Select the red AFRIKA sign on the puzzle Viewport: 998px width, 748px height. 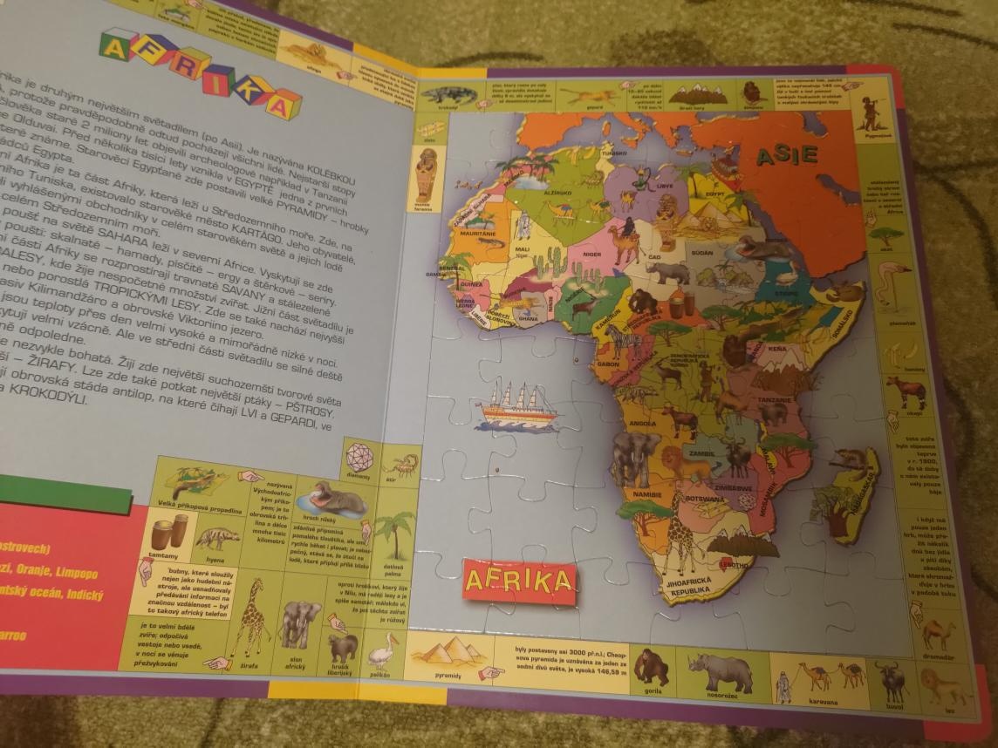521,580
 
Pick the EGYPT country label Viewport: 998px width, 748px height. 718,194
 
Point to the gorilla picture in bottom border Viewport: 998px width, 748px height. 650,667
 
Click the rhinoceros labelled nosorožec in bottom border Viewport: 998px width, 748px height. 721,672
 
